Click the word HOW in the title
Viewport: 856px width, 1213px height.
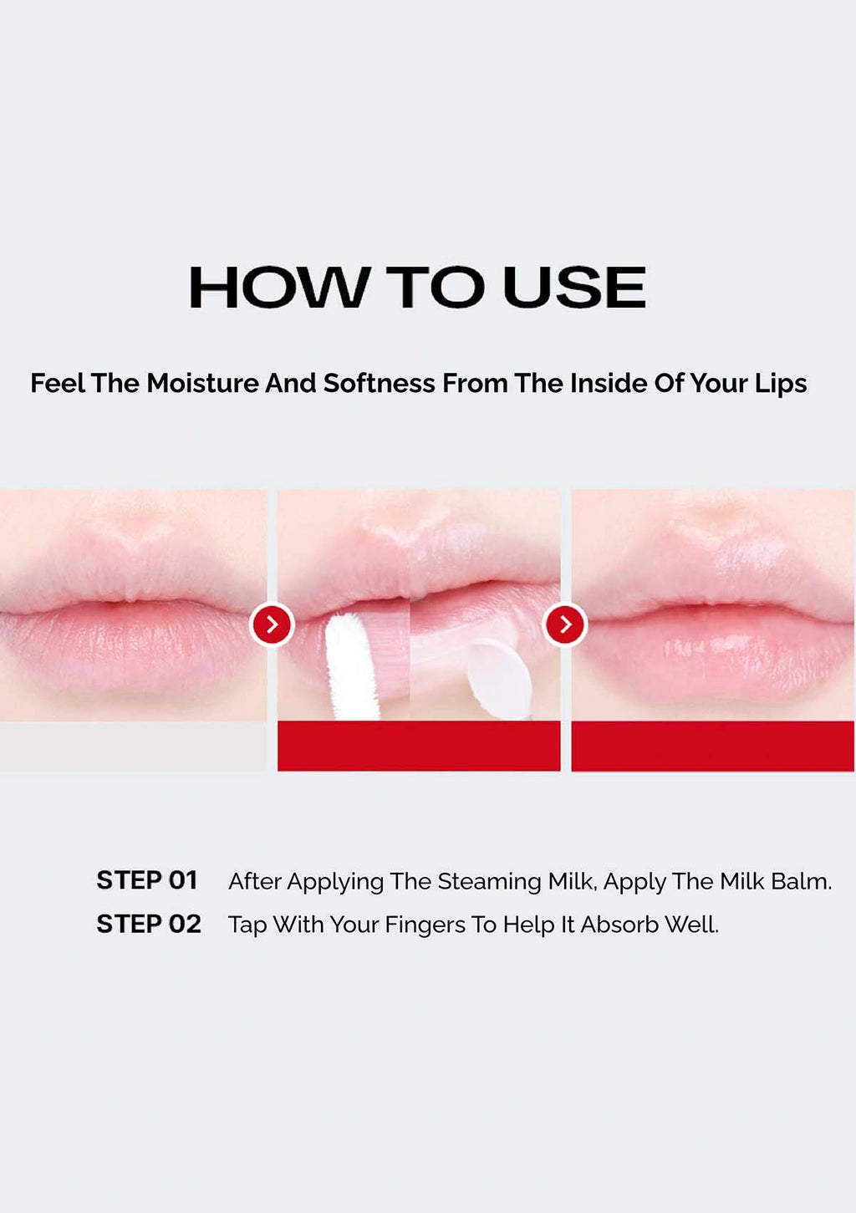(278, 287)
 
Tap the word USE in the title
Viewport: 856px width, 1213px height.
(574, 287)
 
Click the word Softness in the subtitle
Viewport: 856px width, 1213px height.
(379, 384)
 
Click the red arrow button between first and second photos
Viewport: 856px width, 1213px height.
(273, 624)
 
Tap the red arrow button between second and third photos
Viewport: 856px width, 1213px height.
(565, 624)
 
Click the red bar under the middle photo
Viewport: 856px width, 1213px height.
(419, 746)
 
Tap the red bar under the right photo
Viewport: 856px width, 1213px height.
(712, 746)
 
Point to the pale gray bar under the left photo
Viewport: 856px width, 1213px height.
(133, 746)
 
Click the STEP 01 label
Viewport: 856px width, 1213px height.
(147, 880)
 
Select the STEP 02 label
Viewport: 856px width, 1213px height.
(149, 924)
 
